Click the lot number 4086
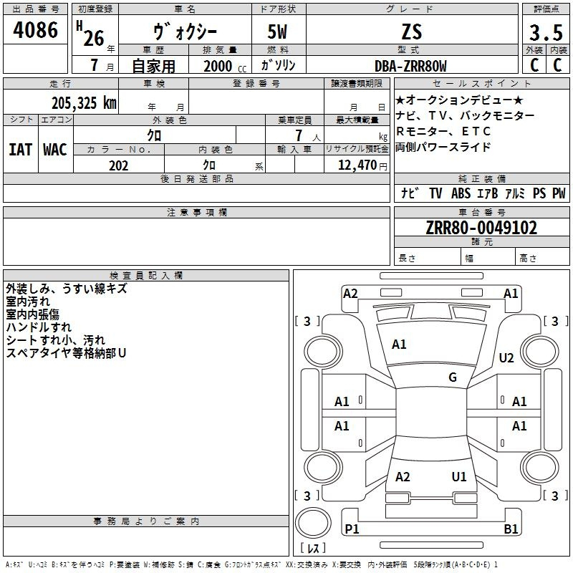click(x=36, y=31)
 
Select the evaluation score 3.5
click(x=545, y=33)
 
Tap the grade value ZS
click(x=412, y=32)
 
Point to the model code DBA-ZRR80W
click(x=410, y=66)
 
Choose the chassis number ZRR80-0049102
click(x=481, y=228)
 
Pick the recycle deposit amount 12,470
click(x=357, y=165)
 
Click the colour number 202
click(x=118, y=165)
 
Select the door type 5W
click(x=279, y=32)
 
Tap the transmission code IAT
click(x=20, y=149)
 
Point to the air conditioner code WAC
click(x=55, y=149)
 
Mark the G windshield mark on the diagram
click(x=453, y=377)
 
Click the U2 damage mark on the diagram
click(x=506, y=358)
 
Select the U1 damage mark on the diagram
click(x=459, y=476)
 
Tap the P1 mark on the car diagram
click(x=352, y=529)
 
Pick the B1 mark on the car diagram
click(x=511, y=529)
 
